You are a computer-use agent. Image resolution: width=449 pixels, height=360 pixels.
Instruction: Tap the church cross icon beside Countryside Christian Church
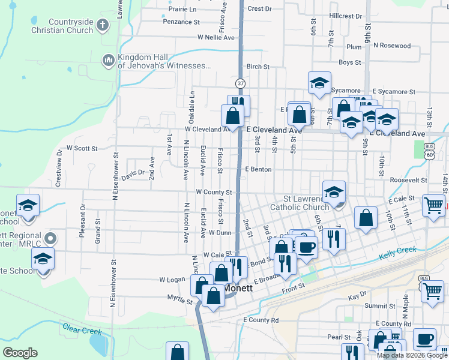tap(103, 25)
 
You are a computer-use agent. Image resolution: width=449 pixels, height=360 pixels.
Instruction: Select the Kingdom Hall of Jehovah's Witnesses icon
tap(109, 60)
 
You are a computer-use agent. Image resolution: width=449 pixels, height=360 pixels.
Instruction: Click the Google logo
tap(20, 353)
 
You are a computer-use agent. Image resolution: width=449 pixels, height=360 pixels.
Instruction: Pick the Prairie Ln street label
tap(182, 10)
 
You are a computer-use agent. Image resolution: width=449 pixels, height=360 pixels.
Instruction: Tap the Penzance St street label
tap(181, 22)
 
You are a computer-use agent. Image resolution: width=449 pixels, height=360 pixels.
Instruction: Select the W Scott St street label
tap(82, 148)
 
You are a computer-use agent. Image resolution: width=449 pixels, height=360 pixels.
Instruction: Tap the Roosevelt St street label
tap(408, 180)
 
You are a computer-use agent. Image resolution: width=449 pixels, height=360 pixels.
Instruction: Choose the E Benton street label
tap(258, 170)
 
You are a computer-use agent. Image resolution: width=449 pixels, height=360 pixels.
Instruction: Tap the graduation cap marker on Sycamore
tap(319, 83)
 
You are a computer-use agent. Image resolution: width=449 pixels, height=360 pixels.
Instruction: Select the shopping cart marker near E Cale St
tap(433, 205)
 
